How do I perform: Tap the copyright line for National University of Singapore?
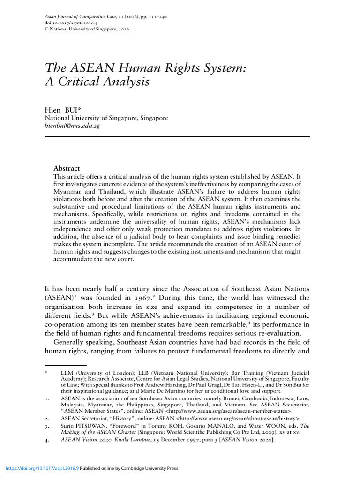[87, 29]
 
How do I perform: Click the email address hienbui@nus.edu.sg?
[72, 126]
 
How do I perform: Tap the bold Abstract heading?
[67, 168]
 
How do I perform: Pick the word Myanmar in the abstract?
[69, 191]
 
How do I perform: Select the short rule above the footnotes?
[66, 365]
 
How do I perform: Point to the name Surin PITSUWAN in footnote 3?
[82, 426]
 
